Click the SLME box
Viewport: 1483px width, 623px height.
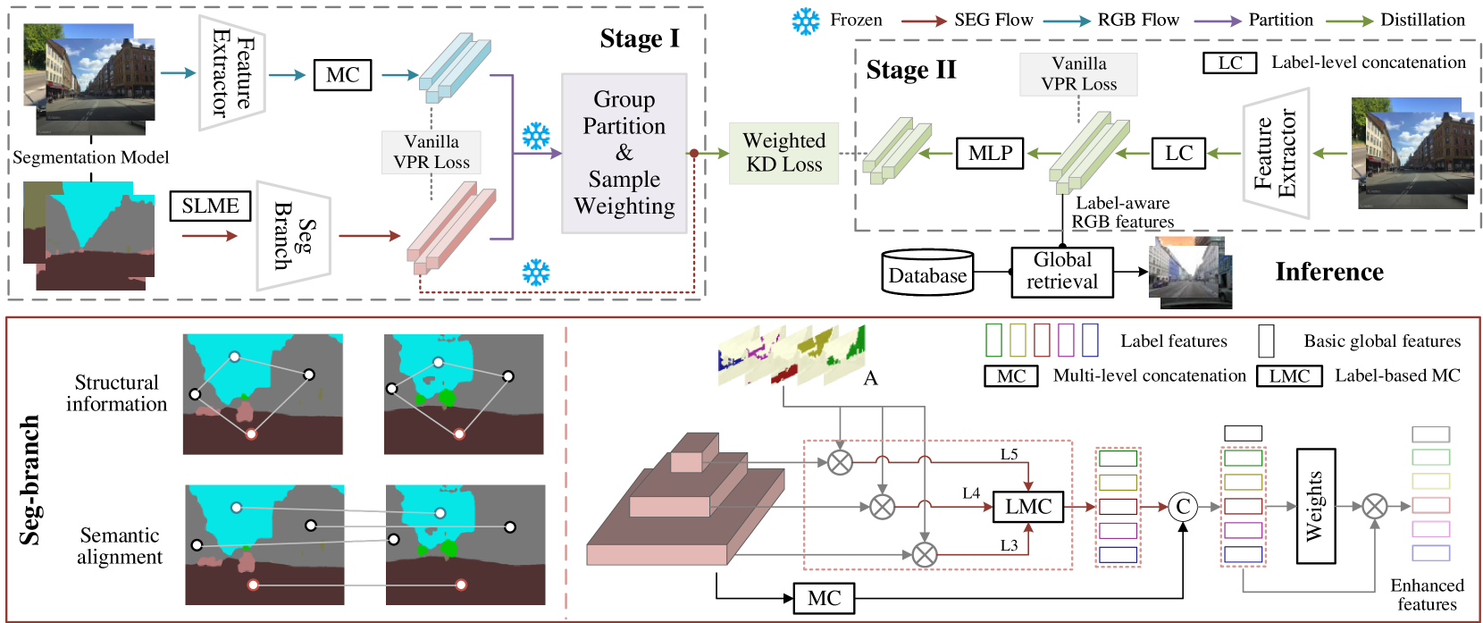(x=211, y=206)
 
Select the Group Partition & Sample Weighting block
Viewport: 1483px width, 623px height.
(x=624, y=153)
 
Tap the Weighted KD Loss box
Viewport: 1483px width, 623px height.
(x=783, y=153)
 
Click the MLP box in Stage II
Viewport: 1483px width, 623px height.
(x=991, y=153)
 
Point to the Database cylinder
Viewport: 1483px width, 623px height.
(x=927, y=272)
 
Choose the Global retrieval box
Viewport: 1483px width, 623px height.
(x=1062, y=272)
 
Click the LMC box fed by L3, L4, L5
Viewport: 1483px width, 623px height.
(x=1028, y=507)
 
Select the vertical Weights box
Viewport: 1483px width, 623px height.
(x=1316, y=506)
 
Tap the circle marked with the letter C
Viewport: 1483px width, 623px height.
(x=1183, y=507)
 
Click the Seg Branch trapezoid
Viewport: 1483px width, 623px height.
(x=293, y=236)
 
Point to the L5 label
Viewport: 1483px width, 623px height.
(x=1009, y=455)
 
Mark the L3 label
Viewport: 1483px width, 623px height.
(x=1009, y=545)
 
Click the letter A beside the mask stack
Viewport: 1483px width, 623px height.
(x=871, y=378)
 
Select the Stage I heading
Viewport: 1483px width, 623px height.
(x=640, y=38)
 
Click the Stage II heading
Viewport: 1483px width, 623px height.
(x=911, y=70)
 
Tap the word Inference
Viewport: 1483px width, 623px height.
(x=1329, y=272)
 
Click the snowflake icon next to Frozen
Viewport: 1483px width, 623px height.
(x=806, y=21)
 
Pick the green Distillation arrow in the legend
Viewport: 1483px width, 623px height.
(x=1349, y=21)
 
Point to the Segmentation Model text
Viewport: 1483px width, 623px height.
(x=91, y=157)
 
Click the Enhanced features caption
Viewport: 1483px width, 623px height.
(x=1427, y=594)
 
